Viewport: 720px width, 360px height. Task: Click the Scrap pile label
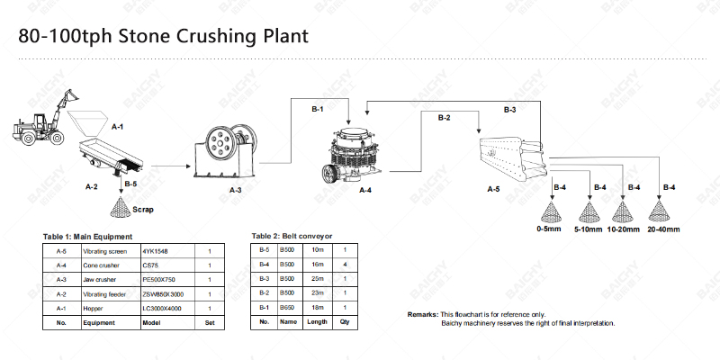point(142,209)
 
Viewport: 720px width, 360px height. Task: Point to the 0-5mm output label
point(548,229)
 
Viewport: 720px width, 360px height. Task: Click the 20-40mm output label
point(662,229)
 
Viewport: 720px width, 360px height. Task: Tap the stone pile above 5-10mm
point(589,211)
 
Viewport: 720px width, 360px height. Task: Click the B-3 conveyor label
point(509,109)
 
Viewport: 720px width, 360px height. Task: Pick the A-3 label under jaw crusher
point(236,191)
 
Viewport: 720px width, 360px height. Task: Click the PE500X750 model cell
point(161,280)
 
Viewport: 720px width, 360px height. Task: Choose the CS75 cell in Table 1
point(150,265)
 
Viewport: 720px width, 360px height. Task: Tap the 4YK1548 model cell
point(155,251)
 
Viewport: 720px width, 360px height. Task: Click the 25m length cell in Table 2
point(316,280)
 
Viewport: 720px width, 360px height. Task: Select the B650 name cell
point(287,308)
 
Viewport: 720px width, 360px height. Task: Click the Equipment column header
point(99,321)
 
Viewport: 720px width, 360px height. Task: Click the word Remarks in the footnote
point(423,313)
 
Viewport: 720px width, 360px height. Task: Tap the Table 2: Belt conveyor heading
point(292,236)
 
